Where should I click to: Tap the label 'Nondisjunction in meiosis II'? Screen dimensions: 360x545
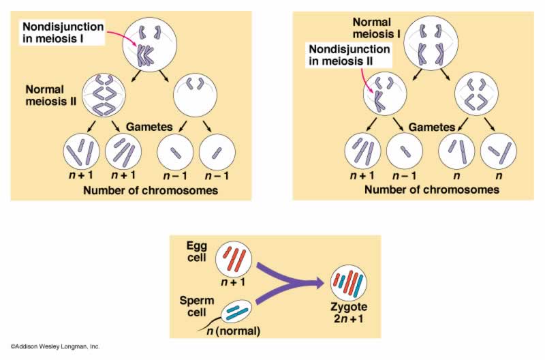pyautogui.click(x=349, y=57)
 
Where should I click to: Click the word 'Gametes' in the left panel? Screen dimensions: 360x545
pyautogui.click(x=148, y=127)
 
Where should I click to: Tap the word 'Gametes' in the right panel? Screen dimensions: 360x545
pyautogui.click(x=431, y=127)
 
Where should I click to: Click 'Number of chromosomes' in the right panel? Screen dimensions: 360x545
pyautogui.click(x=432, y=190)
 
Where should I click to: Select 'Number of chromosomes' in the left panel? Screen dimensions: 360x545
pyautogui.click(x=151, y=190)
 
